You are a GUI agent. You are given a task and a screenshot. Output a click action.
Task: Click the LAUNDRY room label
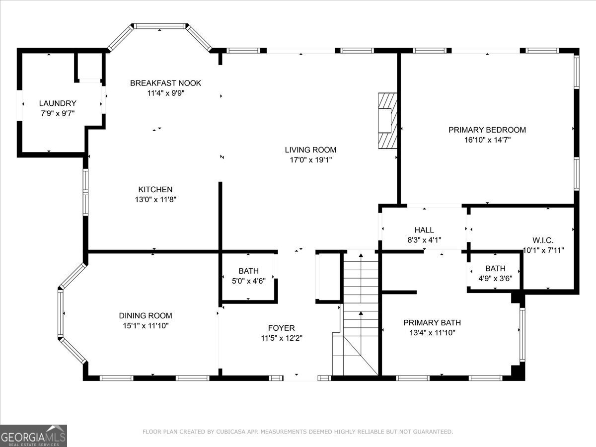[58, 103]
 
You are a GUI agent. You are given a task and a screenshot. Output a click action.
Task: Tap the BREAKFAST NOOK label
[165, 83]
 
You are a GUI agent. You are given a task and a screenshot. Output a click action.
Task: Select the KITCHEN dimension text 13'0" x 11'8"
[155, 200]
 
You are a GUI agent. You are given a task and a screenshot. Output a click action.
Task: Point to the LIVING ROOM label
[310, 150]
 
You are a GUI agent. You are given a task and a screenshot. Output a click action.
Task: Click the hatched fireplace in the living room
[388, 121]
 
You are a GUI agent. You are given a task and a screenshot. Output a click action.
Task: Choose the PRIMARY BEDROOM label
[487, 130]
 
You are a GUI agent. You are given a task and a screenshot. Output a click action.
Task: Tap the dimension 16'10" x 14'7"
[487, 140]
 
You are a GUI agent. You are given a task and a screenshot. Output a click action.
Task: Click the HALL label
[424, 230]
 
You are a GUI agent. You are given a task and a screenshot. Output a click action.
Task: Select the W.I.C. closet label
[543, 240]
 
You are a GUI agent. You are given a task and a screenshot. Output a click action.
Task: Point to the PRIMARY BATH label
[432, 323]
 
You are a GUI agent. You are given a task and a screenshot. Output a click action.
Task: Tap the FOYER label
[281, 328]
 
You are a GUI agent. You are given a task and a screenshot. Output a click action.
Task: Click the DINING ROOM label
[146, 316]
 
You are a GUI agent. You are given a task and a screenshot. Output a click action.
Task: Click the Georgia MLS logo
[33, 436]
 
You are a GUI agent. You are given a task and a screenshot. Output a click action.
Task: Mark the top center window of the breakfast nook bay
[159, 26]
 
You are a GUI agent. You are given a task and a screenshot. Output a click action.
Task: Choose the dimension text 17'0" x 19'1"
[311, 160]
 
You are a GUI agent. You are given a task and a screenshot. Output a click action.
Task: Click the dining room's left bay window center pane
[60, 314]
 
